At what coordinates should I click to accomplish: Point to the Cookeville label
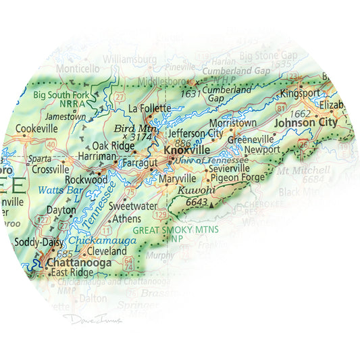[36, 128]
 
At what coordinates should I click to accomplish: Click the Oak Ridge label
[109, 145]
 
